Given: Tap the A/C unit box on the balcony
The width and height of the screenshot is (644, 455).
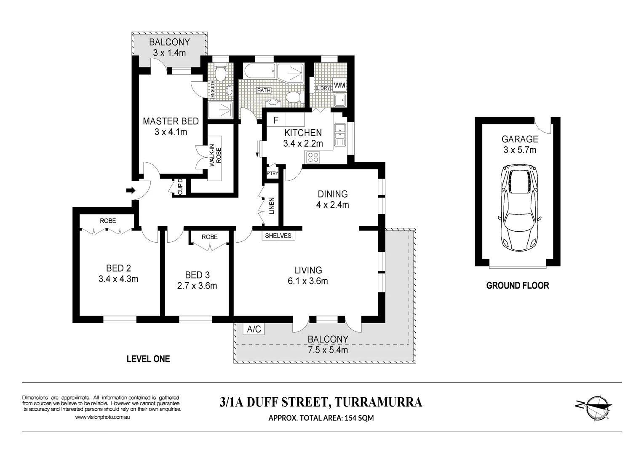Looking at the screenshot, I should coord(254,329).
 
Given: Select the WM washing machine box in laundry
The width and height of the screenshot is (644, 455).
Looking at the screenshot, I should coord(339,85).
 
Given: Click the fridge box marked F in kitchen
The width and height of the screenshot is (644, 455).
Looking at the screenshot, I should coord(276,120).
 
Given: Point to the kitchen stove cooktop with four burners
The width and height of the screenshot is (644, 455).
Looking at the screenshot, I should coord(313,157).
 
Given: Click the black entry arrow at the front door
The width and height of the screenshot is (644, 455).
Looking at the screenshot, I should coord(131,190).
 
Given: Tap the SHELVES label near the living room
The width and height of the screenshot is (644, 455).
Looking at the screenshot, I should coord(278,236).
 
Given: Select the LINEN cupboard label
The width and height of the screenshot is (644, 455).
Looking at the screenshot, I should coord(272,206).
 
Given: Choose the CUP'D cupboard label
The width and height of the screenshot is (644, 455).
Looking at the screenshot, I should coord(180,187).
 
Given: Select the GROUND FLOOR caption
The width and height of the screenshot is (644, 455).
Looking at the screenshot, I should coord(517,286).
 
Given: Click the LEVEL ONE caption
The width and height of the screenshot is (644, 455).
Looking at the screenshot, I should coord(148,359).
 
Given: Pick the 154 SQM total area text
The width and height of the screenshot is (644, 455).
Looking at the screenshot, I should coord(359,418).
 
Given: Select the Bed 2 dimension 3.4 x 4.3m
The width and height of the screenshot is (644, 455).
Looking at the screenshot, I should coord(118,279).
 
